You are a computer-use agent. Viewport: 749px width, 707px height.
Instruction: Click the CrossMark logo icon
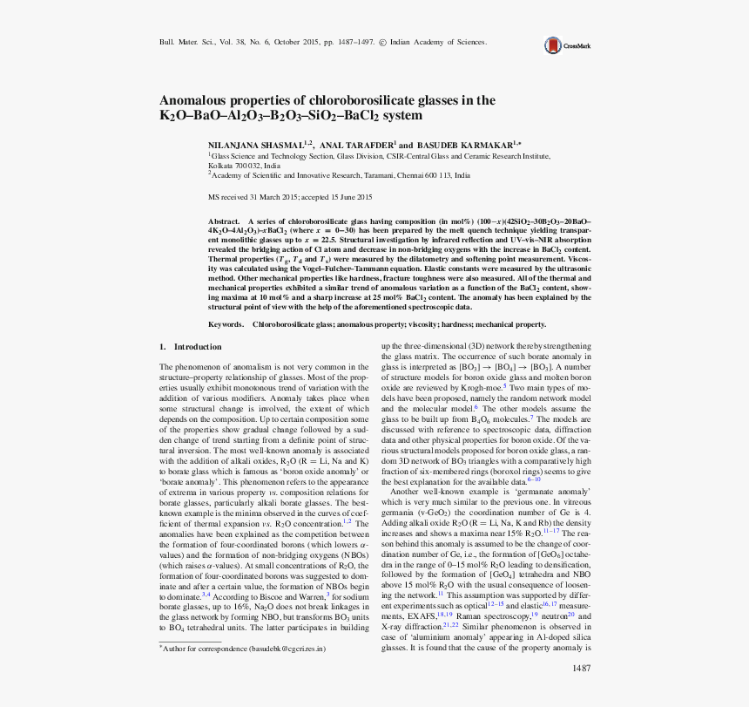552,45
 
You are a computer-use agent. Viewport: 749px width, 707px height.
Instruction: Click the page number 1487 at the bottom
582,669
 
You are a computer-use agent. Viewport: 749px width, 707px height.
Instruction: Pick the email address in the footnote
287,649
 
